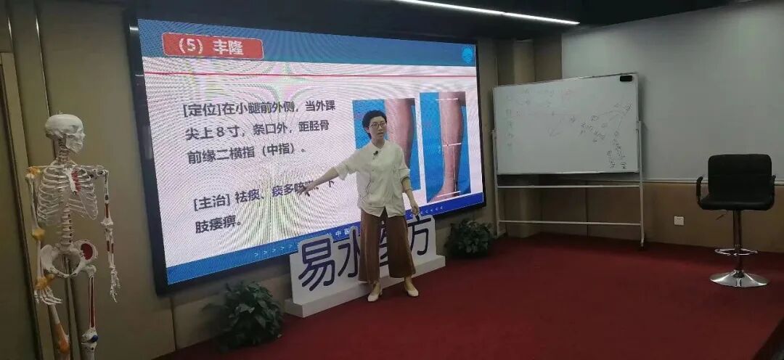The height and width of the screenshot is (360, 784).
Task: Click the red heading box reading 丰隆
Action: point(213,46)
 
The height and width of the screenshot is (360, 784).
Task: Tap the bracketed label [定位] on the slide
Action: point(196,110)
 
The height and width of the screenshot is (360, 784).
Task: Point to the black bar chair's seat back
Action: point(735,180)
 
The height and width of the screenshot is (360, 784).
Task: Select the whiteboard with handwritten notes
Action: point(565,125)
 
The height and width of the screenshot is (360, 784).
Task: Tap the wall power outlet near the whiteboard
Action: point(678,220)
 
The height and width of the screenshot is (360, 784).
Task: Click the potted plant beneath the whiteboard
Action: point(468,238)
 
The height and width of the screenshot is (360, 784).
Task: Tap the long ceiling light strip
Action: point(493,11)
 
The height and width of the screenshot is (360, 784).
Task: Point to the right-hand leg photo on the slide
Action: point(449,145)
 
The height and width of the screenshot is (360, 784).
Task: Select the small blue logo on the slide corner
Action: point(468,54)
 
